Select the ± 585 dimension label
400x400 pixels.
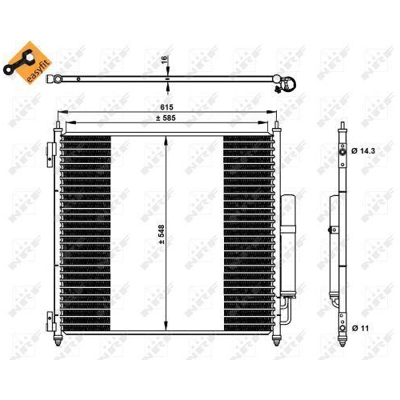tap(166, 118)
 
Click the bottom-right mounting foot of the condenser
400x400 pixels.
tap(277, 342)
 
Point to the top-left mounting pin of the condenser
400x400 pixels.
tap(57, 126)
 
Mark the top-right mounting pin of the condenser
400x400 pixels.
tap(277, 126)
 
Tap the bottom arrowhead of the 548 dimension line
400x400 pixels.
tap(166, 329)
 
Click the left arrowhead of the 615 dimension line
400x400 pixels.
tap(58, 111)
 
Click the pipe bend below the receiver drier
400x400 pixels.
tap(283, 308)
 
